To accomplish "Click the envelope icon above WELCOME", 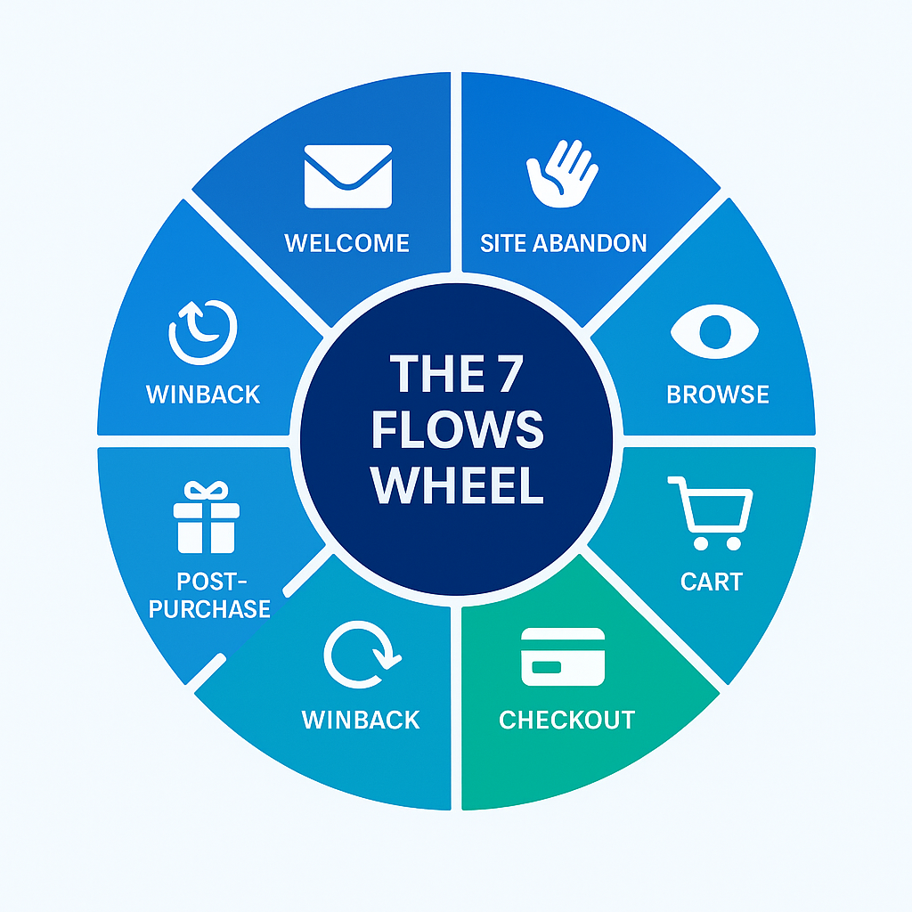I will click(x=347, y=176).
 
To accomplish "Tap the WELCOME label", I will click(x=347, y=242).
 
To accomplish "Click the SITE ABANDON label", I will click(x=564, y=242).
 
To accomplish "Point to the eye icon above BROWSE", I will click(x=714, y=331).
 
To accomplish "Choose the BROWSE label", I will click(x=718, y=395).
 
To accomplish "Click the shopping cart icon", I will click(x=710, y=513).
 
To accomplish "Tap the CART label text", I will click(x=711, y=582).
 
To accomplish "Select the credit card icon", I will click(x=563, y=656).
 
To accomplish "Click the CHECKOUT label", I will click(x=567, y=720).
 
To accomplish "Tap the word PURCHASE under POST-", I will click(x=210, y=609).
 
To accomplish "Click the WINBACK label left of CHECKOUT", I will click(x=361, y=720).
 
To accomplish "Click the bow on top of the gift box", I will click(x=206, y=490).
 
